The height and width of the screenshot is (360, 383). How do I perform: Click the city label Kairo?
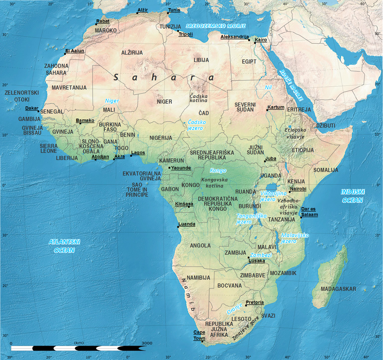(x=261, y=40)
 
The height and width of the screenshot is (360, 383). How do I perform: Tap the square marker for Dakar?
(x=38, y=111)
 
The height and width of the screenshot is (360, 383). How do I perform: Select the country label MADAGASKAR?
(x=338, y=289)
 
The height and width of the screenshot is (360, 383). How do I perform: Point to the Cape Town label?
(x=200, y=335)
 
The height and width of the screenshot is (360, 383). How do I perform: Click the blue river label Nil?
(x=269, y=87)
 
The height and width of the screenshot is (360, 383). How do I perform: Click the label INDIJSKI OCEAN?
(x=352, y=196)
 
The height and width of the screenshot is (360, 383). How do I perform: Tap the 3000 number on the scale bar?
(x=147, y=343)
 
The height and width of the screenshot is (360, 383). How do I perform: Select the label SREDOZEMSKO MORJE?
(x=216, y=26)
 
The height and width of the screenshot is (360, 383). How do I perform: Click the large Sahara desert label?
(x=163, y=78)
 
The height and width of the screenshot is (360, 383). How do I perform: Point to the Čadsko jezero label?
(x=197, y=125)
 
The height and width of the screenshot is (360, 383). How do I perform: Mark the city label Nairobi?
(x=298, y=189)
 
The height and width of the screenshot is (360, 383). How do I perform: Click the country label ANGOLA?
(x=200, y=246)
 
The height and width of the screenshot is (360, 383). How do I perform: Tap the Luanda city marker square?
(x=178, y=227)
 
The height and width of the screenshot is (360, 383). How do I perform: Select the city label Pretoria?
(x=255, y=302)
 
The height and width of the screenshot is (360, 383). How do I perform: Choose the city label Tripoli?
(x=185, y=34)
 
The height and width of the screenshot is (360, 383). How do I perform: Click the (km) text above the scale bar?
(x=79, y=343)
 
